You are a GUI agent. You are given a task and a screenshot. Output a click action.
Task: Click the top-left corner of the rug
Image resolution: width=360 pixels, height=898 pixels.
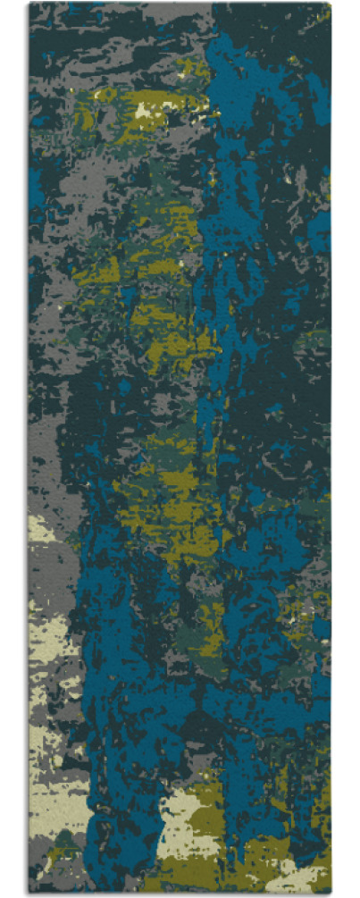[29, 4]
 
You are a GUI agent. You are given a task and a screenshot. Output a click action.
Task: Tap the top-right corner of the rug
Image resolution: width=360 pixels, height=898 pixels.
[331, 4]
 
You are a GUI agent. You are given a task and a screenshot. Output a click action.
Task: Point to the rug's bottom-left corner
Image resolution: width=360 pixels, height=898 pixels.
[29, 893]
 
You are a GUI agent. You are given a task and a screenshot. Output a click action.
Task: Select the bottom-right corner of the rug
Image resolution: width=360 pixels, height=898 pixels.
[331, 893]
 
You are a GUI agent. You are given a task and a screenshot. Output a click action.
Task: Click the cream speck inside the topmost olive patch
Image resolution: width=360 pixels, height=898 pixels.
[144, 111]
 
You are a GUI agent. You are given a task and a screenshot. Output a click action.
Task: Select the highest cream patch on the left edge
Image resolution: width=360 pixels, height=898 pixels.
[40, 529]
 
